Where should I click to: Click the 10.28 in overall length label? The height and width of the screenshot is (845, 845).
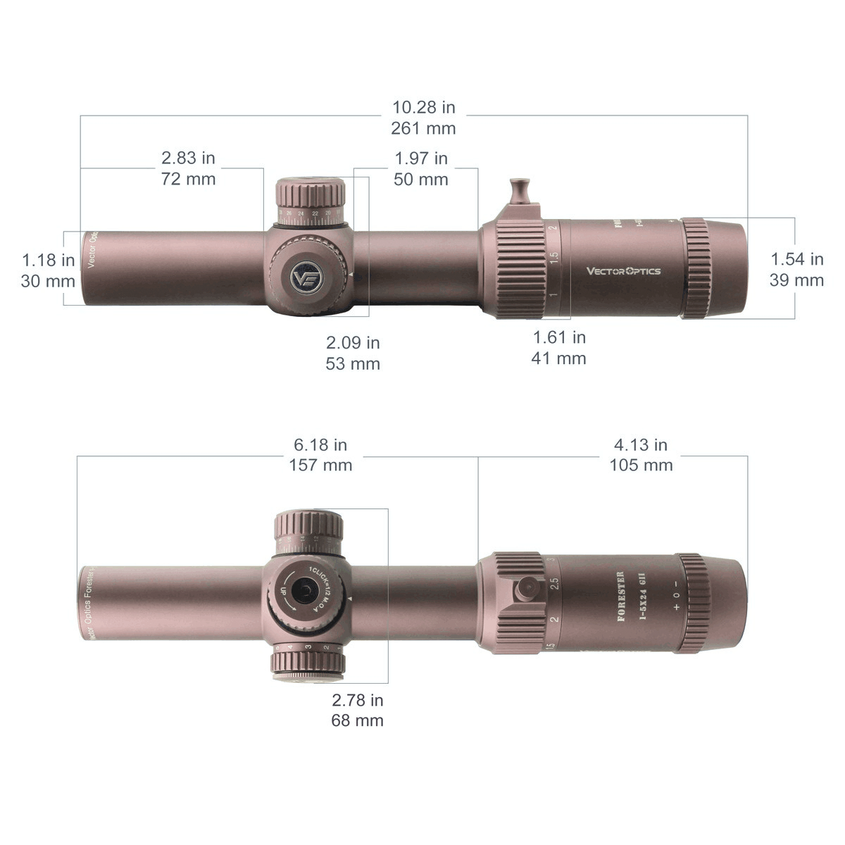(424, 107)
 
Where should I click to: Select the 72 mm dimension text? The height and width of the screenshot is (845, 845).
(188, 179)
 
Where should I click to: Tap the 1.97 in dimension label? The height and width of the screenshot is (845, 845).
(421, 158)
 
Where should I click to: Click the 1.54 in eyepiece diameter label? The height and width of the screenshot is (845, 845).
(796, 259)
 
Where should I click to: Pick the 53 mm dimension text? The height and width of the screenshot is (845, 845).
(353, 364)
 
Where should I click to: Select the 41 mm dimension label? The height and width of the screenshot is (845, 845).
(558, 358)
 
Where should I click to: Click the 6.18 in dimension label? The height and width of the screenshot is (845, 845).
(320, 445)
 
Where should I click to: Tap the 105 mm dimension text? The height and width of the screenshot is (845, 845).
(641, 465)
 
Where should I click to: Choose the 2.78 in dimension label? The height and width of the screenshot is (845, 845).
(358, 700)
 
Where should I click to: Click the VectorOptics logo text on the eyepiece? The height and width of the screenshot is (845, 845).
(624, 270)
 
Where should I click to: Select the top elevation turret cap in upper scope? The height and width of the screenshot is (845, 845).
(311, 192)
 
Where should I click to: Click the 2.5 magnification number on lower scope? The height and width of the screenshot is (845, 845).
(554, 584)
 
